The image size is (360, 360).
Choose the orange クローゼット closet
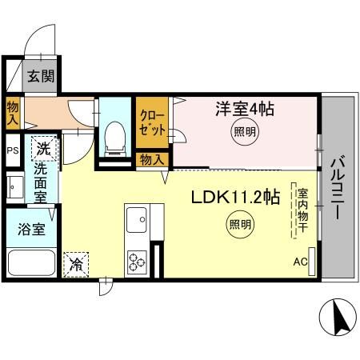tap(151, 119)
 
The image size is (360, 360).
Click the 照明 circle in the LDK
tap(238, 225)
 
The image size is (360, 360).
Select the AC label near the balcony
tap(300, 262)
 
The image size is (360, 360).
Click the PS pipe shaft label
tap(12, 150)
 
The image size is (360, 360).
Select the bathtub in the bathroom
tap(30, 263)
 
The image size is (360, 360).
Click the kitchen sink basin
tap(137, 218)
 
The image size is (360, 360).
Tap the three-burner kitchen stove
tap(137, 260)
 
